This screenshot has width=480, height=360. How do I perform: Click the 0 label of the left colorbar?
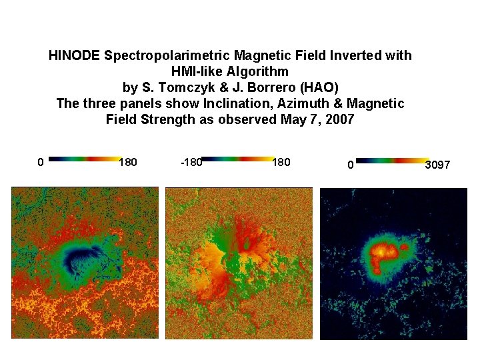41,162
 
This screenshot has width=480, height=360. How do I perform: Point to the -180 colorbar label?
191,162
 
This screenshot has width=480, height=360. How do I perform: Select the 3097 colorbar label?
437,164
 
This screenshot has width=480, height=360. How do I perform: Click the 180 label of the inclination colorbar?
127,162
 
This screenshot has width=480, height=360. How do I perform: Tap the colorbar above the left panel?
83,159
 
